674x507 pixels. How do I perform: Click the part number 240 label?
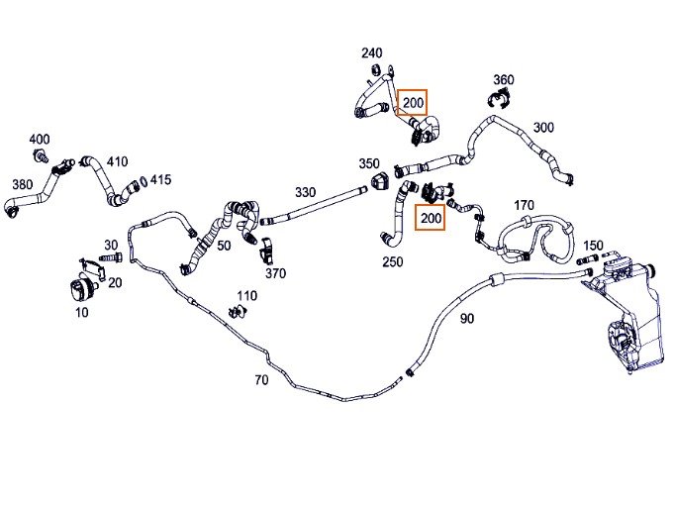coord(371,52)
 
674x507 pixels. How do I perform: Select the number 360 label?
coord(504,79)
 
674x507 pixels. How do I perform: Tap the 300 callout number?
coord(543,128)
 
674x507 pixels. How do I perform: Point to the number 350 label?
coord(369,163)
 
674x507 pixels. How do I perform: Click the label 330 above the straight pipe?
coord(305,192)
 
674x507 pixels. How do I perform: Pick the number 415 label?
coord(160,179)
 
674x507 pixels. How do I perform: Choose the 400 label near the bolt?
coord(40,139)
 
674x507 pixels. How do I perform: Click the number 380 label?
coord(23,184)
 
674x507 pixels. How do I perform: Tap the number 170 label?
coord(524,205)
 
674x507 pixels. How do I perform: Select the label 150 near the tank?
coord(593,246)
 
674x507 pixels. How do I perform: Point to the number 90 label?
coord(467,318)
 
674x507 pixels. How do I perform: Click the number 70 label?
coord(261,379)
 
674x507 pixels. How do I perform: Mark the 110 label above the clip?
coord(246,295)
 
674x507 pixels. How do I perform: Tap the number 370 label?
coord(275,273)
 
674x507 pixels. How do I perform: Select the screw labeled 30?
coord(111,257)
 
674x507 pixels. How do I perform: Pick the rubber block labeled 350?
coord(379,181)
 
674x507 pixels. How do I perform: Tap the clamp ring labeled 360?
coord(499,98)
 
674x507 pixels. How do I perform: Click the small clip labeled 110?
coord(238,311)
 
